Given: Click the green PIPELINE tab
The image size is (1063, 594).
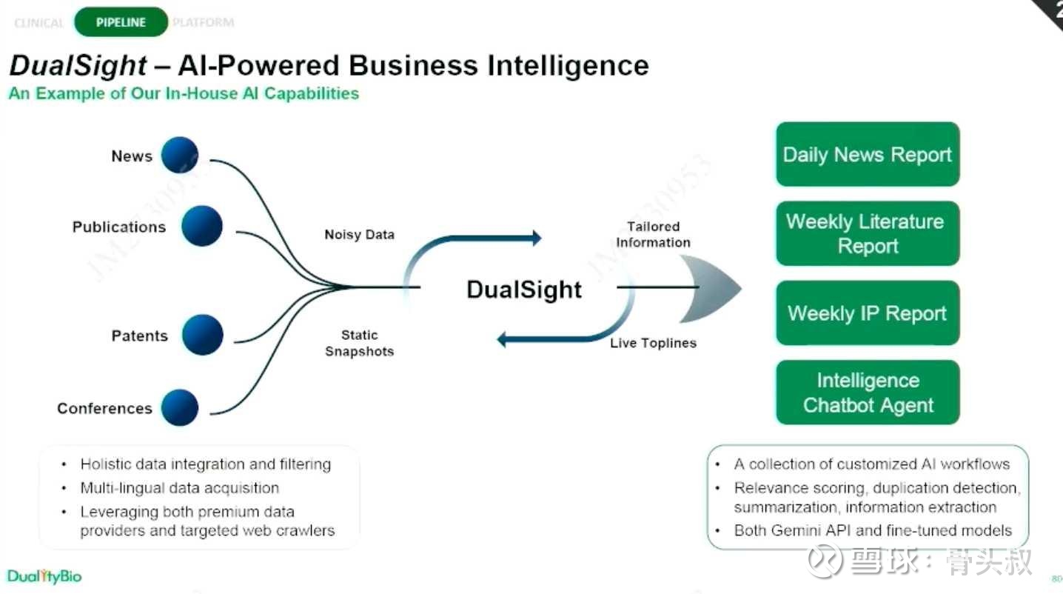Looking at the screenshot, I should point(121,22).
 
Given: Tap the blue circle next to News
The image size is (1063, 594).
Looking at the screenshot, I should point(181,156).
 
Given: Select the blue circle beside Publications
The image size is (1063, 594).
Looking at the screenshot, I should point(201,226).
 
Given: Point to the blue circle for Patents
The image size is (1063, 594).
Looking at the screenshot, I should point(202,335).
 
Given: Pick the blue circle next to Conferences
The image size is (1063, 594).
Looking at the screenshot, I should point(180,407).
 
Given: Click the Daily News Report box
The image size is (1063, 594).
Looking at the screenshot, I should point(867,154).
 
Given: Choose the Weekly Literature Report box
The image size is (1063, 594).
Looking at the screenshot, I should point(867,233).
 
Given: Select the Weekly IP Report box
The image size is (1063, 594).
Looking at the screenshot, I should point(867,313).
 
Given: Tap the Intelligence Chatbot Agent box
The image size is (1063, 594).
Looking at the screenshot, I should point(867,393).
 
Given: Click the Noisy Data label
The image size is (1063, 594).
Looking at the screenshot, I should point(359,235).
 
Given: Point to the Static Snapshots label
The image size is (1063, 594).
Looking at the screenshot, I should point(359,344).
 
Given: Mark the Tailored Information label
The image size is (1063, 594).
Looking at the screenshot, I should point(653,234).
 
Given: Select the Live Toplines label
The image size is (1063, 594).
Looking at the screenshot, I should point(653,343).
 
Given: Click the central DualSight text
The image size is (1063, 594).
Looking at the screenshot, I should point(524,289).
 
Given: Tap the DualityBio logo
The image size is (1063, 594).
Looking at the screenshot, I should point(44,576).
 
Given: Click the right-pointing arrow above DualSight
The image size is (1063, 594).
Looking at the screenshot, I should point(529,238).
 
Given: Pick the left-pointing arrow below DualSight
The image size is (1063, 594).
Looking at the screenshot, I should point(511,340).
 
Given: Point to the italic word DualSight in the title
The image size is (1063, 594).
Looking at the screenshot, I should point(78,66).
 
